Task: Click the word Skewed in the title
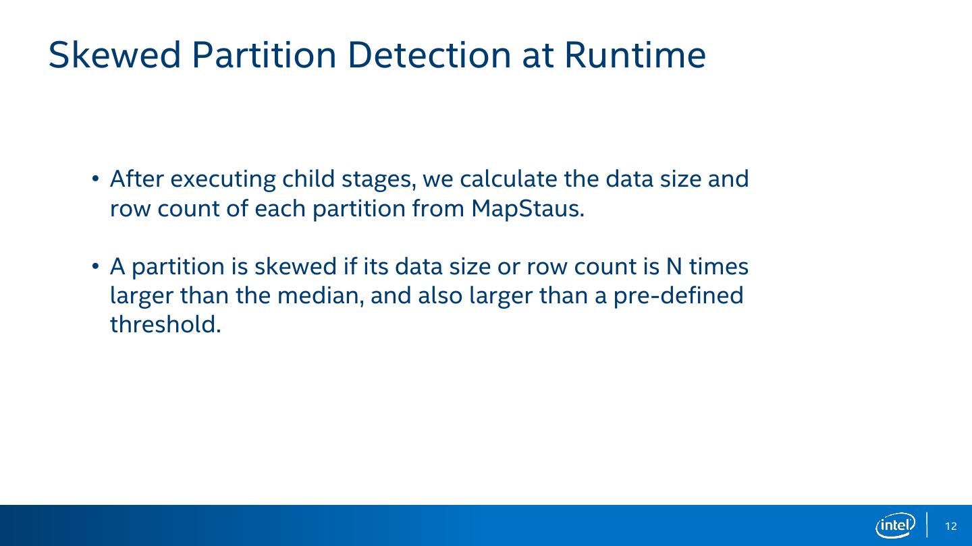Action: [115, 55]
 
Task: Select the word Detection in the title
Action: [429, 55]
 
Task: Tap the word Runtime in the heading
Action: [635, 55]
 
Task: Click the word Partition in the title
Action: [264, 55]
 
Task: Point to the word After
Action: [136, 179]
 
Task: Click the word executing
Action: [223, 180]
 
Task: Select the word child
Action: [308, 179]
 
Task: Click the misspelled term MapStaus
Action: [528, 209]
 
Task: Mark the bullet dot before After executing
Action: [95, 179]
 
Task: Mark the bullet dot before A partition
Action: [95, 266]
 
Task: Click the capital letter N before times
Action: [674, 266]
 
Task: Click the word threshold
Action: [165, 324]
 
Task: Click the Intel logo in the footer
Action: [895, 526]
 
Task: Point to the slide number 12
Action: [950, 526]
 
